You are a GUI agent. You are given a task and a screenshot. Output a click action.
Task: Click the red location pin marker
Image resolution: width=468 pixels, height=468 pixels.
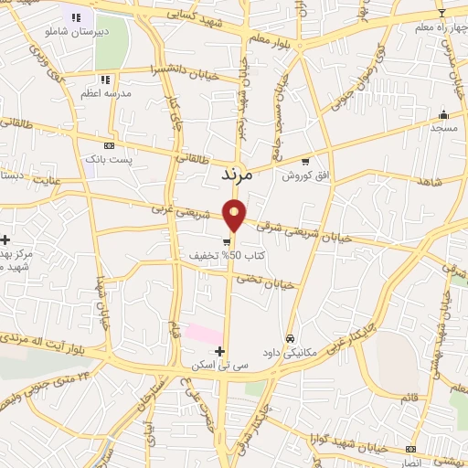[235, 215]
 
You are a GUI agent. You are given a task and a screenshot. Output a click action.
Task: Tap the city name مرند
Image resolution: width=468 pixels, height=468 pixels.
[239, 171]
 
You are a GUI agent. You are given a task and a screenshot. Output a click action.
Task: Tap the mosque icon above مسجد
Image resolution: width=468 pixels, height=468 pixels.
[443, 115]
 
